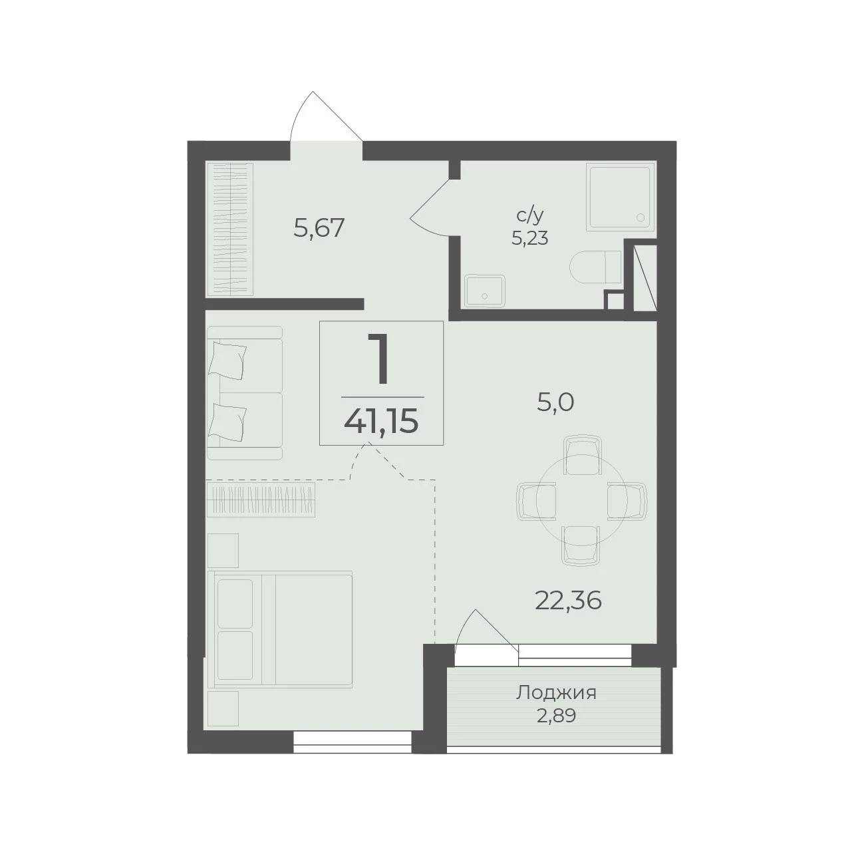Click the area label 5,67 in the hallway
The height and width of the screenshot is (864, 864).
pyautogui.click(x=319, y=228)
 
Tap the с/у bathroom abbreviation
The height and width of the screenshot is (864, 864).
pyautogui.click(x=530, y=216)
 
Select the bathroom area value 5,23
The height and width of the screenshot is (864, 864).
pyautogui.click(x=530, y=239)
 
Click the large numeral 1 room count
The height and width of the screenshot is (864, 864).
pyautogui.click(x=379, y=360)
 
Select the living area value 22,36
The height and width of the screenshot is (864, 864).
pyautogui.click(x=568, y=601)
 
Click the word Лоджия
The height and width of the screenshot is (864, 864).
pyautogui.click(x=556, y=693)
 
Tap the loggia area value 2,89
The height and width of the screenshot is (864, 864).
pyautogui.click(x=556, y=716)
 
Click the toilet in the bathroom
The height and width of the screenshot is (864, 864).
pyautogui.click(x=595, y=267)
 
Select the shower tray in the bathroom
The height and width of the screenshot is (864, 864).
pyautogui.click(x=621, y=198)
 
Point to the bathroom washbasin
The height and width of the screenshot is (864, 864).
pyautogui.click(x=485, y=291)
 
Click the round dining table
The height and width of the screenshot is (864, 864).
pyautogui.click(x=581, y=502)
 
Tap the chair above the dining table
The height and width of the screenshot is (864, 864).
pyautogui.click(x=581, y=454)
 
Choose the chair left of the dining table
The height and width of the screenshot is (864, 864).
pyautogui.click(x=537, y=502)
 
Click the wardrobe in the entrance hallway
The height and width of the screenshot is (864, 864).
pyautogui.click(x=229, y=229)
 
